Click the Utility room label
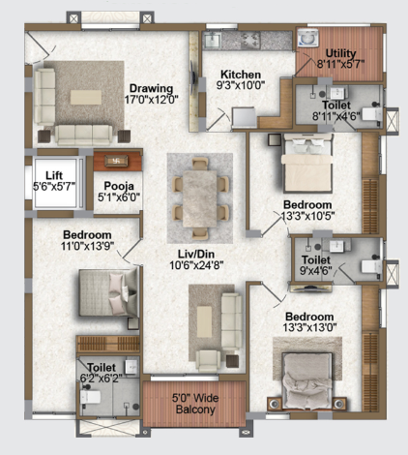click(x=340, y=53)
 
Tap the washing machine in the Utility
click(x=308, y=38)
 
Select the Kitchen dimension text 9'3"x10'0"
click(x=241, y=85)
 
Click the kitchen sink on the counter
click(x=213, y=41)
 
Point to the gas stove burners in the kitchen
click(x=250, y=41)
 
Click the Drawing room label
click(x=151, y=88)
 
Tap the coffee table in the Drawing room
click(x=86, y=97)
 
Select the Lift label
click(x=54, y=175)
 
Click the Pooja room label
click(x=119, y=186)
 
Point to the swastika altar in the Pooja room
click(x=116, y=161)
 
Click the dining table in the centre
click(x=200, y=198)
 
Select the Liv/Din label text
click(x=196, y=254)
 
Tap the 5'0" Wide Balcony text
click(x=195, y=404)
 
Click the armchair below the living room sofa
click(x=208, y=360)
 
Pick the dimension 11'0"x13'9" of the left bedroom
click(x=87, y=246)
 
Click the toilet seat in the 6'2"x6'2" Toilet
click(x=90, y=397)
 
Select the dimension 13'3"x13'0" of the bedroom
click(x=309, y=327)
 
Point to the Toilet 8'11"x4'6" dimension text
click(x=336, y=116)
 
